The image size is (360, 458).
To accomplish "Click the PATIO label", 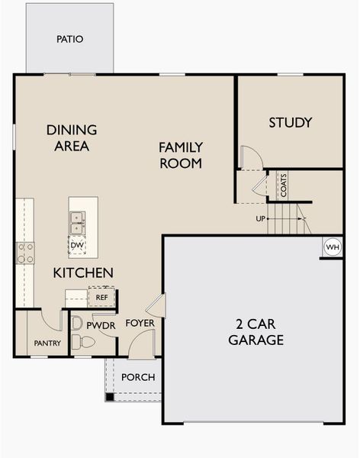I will (69, 39).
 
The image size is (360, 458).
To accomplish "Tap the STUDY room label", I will (290, 122).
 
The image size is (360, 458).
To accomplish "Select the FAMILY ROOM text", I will (180, 155).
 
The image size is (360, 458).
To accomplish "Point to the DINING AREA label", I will (72, 137).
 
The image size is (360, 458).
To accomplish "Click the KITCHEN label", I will (83, 273).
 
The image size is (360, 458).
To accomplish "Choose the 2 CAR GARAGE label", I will (256, 332).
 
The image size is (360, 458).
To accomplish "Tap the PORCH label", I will (138, 377).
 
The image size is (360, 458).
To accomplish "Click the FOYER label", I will (140, 323).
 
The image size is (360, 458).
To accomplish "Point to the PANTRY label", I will (47, 343).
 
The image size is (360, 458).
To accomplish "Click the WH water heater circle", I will (332, 247).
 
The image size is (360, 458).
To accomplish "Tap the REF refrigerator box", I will (101, 297).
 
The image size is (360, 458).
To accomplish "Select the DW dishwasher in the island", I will (77, 245).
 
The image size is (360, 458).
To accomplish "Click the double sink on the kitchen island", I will (77, 223).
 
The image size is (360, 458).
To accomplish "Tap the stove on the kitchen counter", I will (25, 253).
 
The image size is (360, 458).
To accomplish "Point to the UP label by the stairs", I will (261, 220).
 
